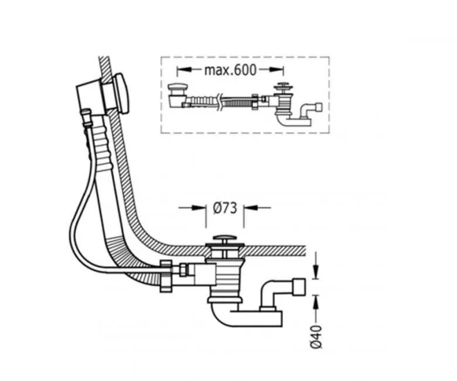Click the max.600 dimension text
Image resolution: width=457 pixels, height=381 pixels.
pos(230,70)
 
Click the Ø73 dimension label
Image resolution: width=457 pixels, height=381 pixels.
pos(225,208)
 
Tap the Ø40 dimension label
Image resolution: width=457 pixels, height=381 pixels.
pos(316,336)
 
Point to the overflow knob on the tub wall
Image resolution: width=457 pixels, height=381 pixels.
pos(121,93)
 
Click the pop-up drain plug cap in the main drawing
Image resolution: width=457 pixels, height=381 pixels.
pos(224,239)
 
